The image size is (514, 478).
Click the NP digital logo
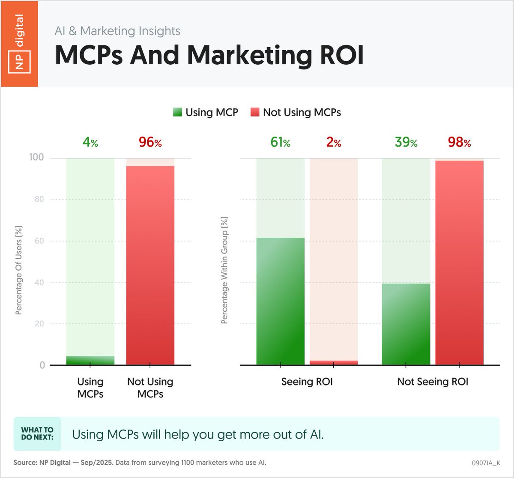[19, 44]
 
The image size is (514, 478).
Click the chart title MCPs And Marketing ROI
[209, 55]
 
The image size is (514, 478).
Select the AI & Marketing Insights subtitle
[117, 31]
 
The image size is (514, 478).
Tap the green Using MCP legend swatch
[177, 112]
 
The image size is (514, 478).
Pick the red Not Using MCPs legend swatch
[255, 112]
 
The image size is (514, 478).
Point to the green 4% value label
[90, 142]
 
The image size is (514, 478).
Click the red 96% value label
[150, 142]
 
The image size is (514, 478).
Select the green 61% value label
[280, 142]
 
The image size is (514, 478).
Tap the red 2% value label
[334, 142]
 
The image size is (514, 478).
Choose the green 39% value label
[406, 142]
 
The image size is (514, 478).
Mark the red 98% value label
[459, 142]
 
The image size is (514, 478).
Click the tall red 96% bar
[150, 266]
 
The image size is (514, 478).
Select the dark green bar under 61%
[280, 302]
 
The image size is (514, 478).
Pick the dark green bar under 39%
[406, 324]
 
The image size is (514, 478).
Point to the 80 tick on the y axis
[39, 199]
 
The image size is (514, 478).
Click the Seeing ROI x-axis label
[307, 382]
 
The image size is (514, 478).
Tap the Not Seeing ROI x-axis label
[433, 382]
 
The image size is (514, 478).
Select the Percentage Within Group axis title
[224, 270]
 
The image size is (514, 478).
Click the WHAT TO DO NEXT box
[37, 433]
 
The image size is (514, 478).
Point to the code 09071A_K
[485, 463]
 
